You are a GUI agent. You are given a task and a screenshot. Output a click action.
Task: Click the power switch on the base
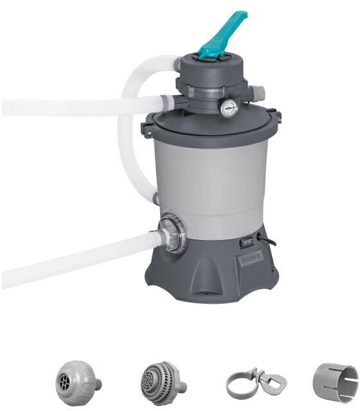[x=246, y=243]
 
